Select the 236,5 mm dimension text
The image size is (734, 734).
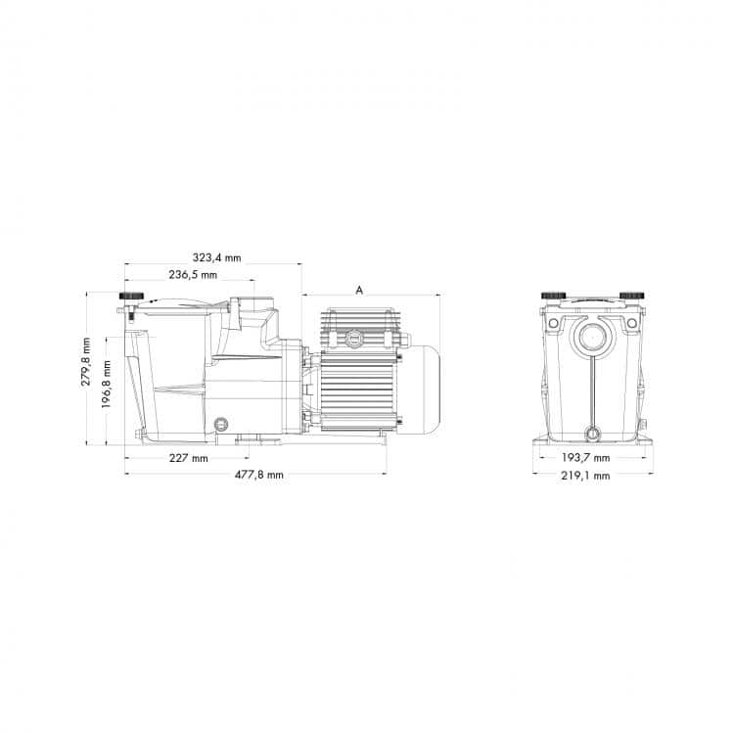point(193,275)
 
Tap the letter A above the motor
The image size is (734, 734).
point(360,290)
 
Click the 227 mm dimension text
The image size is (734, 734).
point(187,458)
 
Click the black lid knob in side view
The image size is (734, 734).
point(129,297)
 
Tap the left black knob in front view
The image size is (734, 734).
point(554,296)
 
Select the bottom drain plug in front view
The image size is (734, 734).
point(591,434)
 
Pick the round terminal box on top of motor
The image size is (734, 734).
point(353,339)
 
